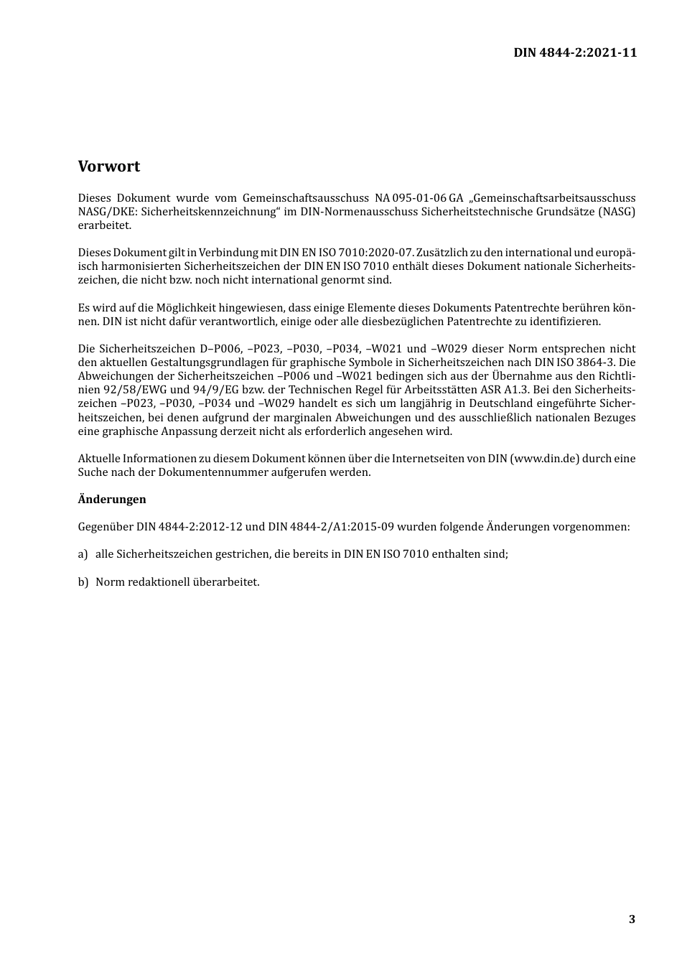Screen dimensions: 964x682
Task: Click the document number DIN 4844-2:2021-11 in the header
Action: (x=574, y=52)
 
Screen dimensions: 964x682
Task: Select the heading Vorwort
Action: (x=109, y=167)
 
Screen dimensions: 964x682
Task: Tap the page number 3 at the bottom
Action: (x=632, y=919)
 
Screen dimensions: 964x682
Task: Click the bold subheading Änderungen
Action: (x=112, y=499)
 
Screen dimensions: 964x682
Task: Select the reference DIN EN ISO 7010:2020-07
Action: (x=347, y=253)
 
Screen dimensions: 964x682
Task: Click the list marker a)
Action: (x=83, y=554)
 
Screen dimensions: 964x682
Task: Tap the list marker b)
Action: (x=83, y=581)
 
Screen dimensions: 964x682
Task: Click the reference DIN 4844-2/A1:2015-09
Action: (x=331, y=527)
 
